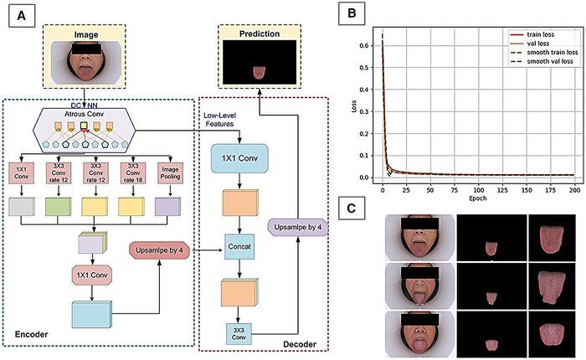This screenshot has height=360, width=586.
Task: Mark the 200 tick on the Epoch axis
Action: [571, 191]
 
